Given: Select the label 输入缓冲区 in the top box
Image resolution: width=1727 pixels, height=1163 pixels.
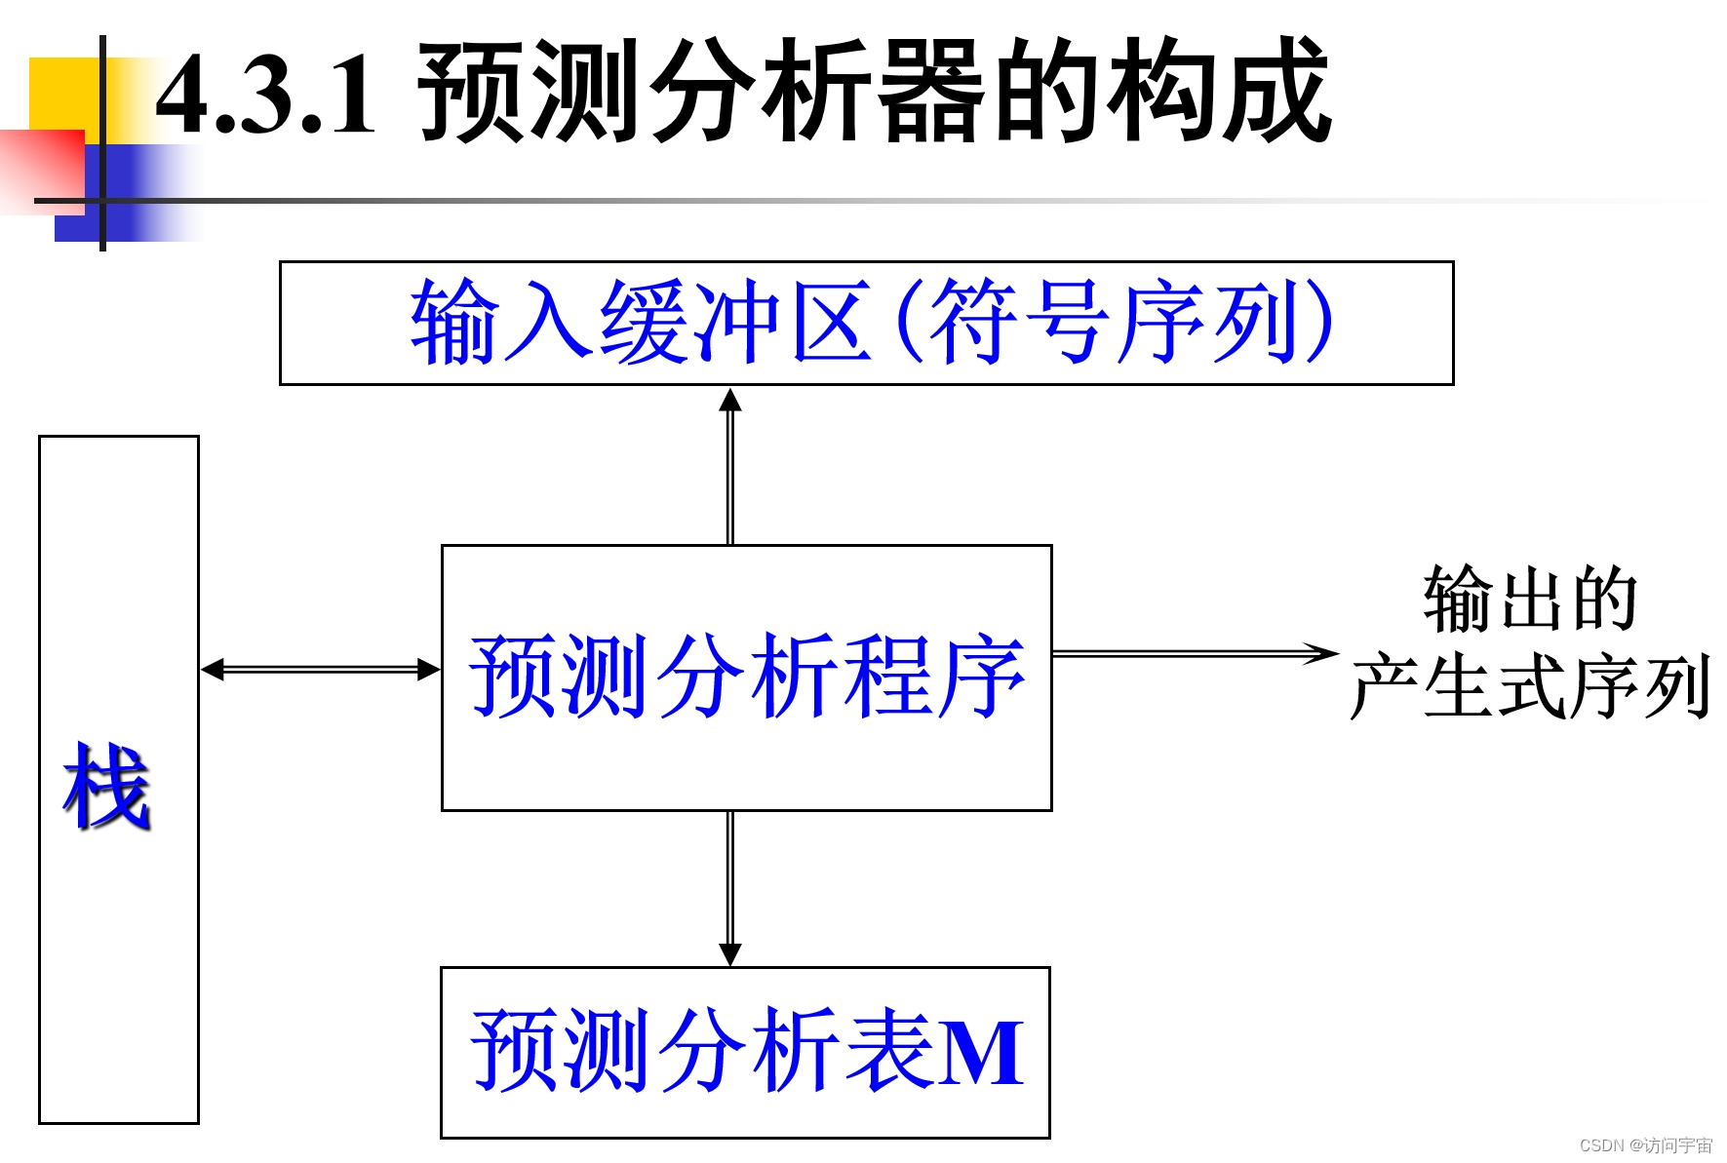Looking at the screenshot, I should pos(640,322).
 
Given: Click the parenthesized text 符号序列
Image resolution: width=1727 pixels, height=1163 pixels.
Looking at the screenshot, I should pos(1113,322).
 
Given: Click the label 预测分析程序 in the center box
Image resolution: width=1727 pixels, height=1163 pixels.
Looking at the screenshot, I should pos(747,676).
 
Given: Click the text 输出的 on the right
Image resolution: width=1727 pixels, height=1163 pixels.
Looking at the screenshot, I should pos(1530,599).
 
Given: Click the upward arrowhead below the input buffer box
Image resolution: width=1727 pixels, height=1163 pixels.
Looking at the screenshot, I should pos(730,400).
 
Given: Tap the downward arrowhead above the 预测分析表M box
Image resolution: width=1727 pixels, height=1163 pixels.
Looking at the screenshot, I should pos(730,953).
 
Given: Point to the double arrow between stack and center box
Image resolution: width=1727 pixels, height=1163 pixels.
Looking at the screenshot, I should pos(320,670).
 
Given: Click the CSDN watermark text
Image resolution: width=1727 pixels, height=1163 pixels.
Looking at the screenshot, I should pos(1645,1145).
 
